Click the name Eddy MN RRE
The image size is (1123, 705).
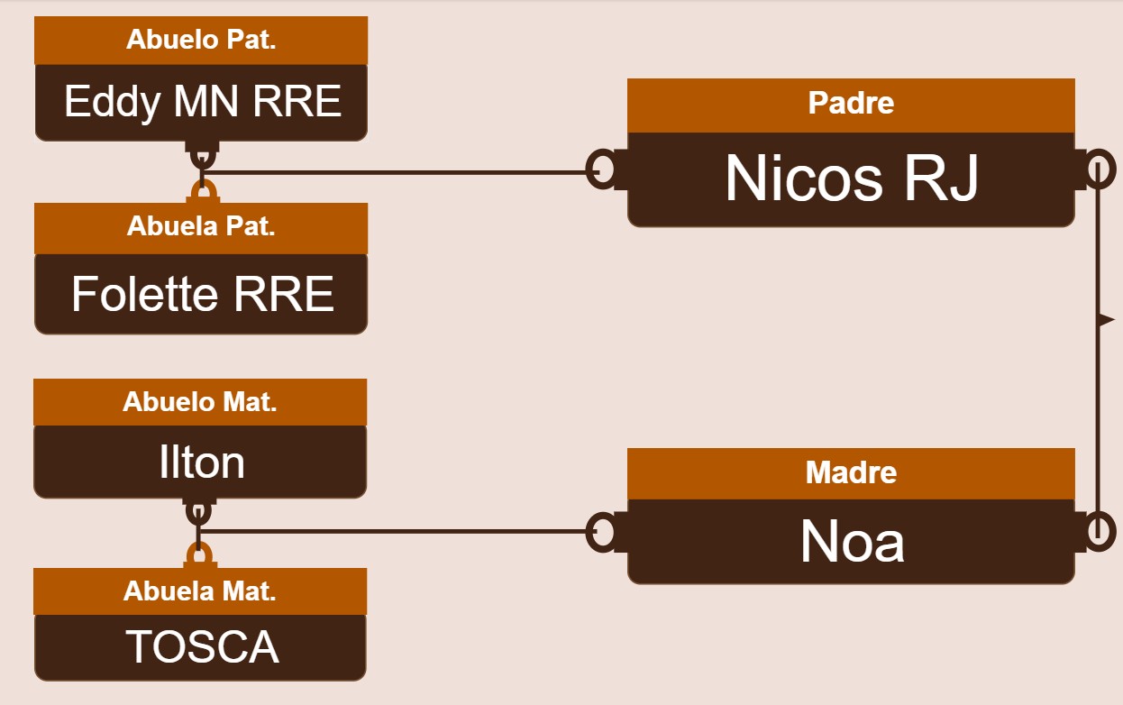click(203, 102)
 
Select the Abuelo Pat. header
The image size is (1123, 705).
click(201, 40)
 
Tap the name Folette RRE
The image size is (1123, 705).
click(203, 294)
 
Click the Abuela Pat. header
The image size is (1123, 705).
click(201, 226)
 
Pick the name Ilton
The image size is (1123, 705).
click(202, 462)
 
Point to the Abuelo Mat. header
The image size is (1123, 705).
click(200, 402)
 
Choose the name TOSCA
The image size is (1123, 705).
click(202, 646)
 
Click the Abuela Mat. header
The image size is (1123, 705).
click(200, 591)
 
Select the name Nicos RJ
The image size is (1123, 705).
click(852, 178)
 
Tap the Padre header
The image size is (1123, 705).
click(852, 104)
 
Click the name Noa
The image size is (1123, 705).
click(853, 542)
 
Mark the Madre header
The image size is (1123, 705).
click(852, 472)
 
